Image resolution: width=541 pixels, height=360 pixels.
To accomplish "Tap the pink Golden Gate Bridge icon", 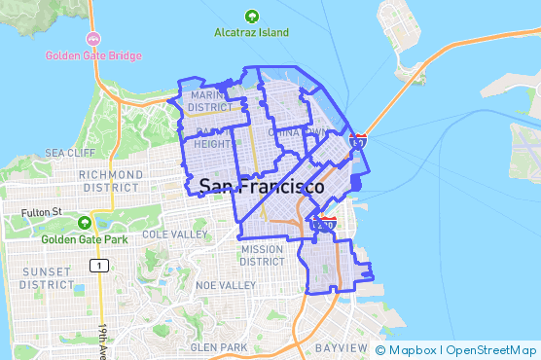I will pyautogui.click(x=92, y=40).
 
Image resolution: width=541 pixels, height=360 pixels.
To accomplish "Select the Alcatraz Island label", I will pyautogui.click(x=252, y=32).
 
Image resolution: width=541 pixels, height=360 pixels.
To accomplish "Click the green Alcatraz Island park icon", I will pyautogui.click(x=252, y=16).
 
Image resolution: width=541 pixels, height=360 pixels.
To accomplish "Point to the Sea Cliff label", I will pyautogui.click(x=69, y=154).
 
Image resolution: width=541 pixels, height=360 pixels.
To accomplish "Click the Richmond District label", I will pyautogui.click(x=112, y=180).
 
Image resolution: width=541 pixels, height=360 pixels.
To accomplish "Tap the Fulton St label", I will pyautogui.click(x=42, y=211).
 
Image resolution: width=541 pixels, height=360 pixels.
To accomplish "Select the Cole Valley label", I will pyautogui.click(x=175, y=234).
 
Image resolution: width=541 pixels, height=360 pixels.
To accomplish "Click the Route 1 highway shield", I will pyautogui.click(x=96, y=265).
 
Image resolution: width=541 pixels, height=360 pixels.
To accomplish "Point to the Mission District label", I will pyautogui.click(x=262, y=255).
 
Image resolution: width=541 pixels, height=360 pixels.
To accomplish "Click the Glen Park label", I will pyautogui.click(x=219, y=347).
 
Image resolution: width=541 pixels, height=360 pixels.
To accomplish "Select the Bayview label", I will pyautogui.click(x=341, y=347).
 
